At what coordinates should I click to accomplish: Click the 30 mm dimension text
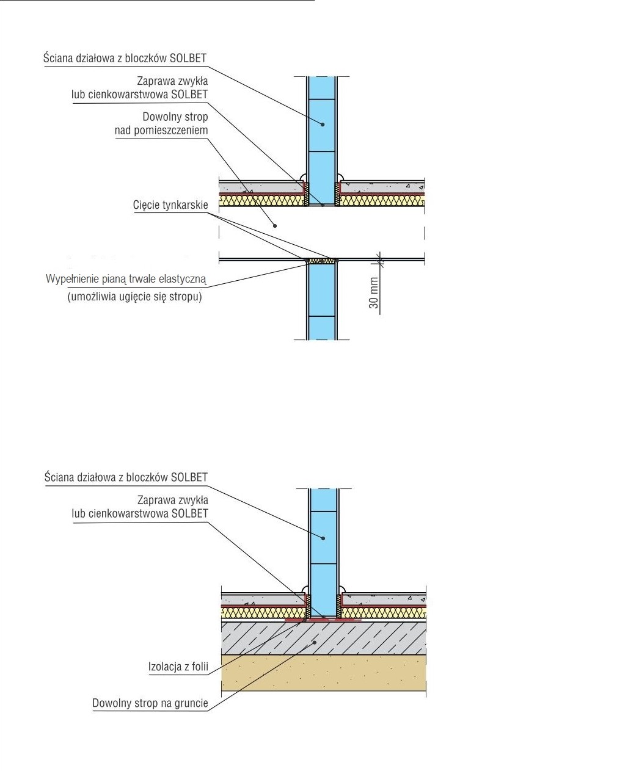click(374, 293)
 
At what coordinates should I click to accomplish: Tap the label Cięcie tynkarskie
click(170, 205)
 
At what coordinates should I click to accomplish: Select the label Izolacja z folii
click(178, 667)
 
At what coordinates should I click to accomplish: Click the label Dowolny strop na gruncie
click(150, 703)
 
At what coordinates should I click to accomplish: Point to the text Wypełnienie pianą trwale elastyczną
click(126, 280)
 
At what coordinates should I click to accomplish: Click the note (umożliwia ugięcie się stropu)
click(134, 297)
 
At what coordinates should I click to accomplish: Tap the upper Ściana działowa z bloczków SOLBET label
click(125, 59)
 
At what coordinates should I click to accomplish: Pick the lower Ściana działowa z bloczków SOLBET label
click(126, 477)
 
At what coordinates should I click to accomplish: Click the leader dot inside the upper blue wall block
click(323, 125)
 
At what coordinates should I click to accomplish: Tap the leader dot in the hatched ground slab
click(314, 642)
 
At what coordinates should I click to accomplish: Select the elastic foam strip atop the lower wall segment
click(322, 261)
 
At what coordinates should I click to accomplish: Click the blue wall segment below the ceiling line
click(322, 299)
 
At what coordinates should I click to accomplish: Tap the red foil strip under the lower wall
click(323, 620)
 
